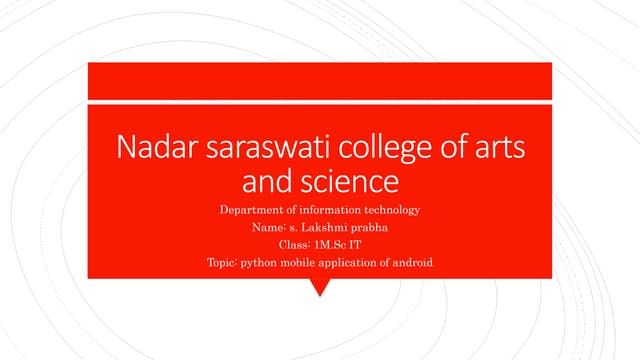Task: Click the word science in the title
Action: pos(349,183)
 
